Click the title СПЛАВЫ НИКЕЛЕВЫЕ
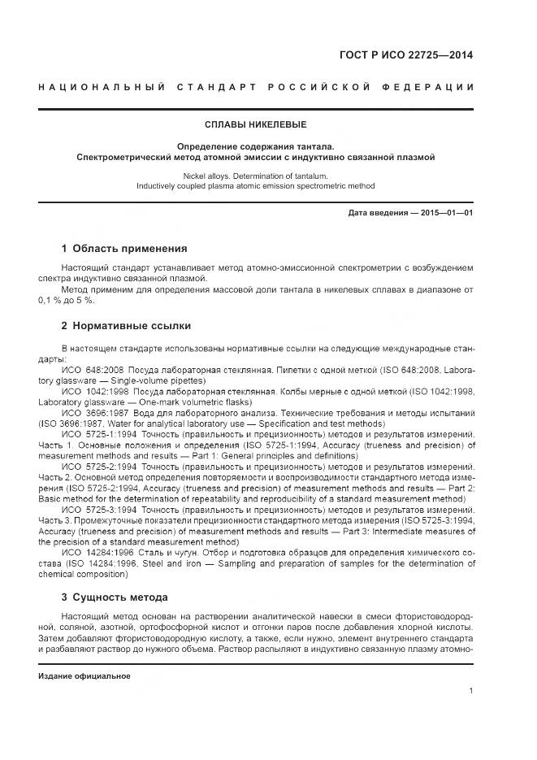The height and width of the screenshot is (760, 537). [255, 125]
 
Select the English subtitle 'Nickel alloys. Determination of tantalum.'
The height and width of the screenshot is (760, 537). [255, 175]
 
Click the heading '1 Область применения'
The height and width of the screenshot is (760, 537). [124, 249]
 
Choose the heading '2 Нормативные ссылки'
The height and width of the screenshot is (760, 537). [126, 326]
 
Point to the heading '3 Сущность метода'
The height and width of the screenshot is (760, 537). [115, 597]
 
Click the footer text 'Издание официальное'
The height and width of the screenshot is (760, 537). [84, 676]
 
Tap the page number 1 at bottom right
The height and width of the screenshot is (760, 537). [471, 691]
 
